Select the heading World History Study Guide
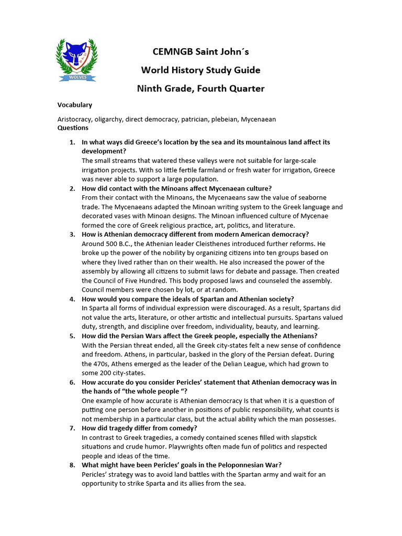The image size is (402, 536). (200, 70)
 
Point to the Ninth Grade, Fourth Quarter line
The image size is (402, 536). (200, 88)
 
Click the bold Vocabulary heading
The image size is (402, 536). (75, 105)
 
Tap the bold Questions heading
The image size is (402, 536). (73, 128)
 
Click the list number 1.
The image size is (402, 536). (72, 142)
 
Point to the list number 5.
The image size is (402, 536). (72, 336)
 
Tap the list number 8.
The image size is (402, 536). (72, 465)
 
